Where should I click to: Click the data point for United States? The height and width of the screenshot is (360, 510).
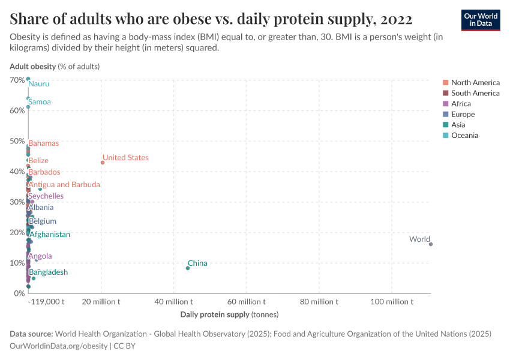coord(103,163)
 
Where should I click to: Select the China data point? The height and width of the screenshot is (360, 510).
coord(188,268)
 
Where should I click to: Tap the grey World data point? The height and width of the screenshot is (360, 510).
coord(431,244)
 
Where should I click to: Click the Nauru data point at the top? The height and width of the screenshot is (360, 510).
coord(28,79)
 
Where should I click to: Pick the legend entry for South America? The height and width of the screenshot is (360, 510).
coord(475,93)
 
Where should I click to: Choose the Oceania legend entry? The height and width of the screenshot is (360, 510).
coord(464,136)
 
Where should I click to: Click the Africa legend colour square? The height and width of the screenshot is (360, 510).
coord(446,104)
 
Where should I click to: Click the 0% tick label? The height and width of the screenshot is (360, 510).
coord(19,293)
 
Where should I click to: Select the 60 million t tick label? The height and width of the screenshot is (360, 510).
coord(247,302)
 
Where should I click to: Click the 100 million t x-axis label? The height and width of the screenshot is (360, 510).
coord(392,302)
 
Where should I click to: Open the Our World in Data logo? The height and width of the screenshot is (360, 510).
coord(481,19)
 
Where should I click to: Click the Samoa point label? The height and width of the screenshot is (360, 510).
coord(40,102)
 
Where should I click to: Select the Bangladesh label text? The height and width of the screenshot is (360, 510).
coord(49,272)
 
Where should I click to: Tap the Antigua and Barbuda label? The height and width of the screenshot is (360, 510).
coord(64,185)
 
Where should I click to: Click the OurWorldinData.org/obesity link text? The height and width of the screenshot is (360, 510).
coord(59,346)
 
